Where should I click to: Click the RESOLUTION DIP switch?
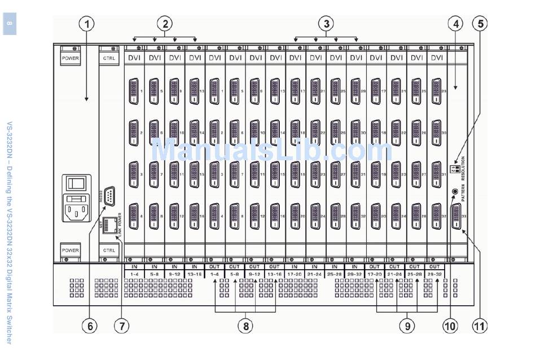454,169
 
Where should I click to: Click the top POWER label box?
71,58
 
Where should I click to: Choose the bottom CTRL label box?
109,249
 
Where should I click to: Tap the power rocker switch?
74,183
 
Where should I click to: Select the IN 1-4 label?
134,270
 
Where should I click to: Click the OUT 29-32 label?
434,270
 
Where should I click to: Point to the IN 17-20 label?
295,270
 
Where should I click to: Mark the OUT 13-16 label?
274,270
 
